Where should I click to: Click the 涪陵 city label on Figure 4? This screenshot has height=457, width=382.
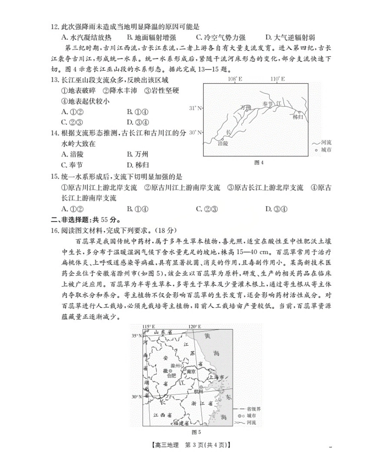pos(222,143)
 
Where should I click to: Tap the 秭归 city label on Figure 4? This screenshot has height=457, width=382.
pos(298,117)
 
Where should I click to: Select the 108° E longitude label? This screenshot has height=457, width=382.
pos(235,79)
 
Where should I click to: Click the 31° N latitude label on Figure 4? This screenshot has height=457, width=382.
pos(196,108)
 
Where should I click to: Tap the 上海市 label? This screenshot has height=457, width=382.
pos(216,377)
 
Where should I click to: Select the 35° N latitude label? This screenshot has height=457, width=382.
pos(137,335)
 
